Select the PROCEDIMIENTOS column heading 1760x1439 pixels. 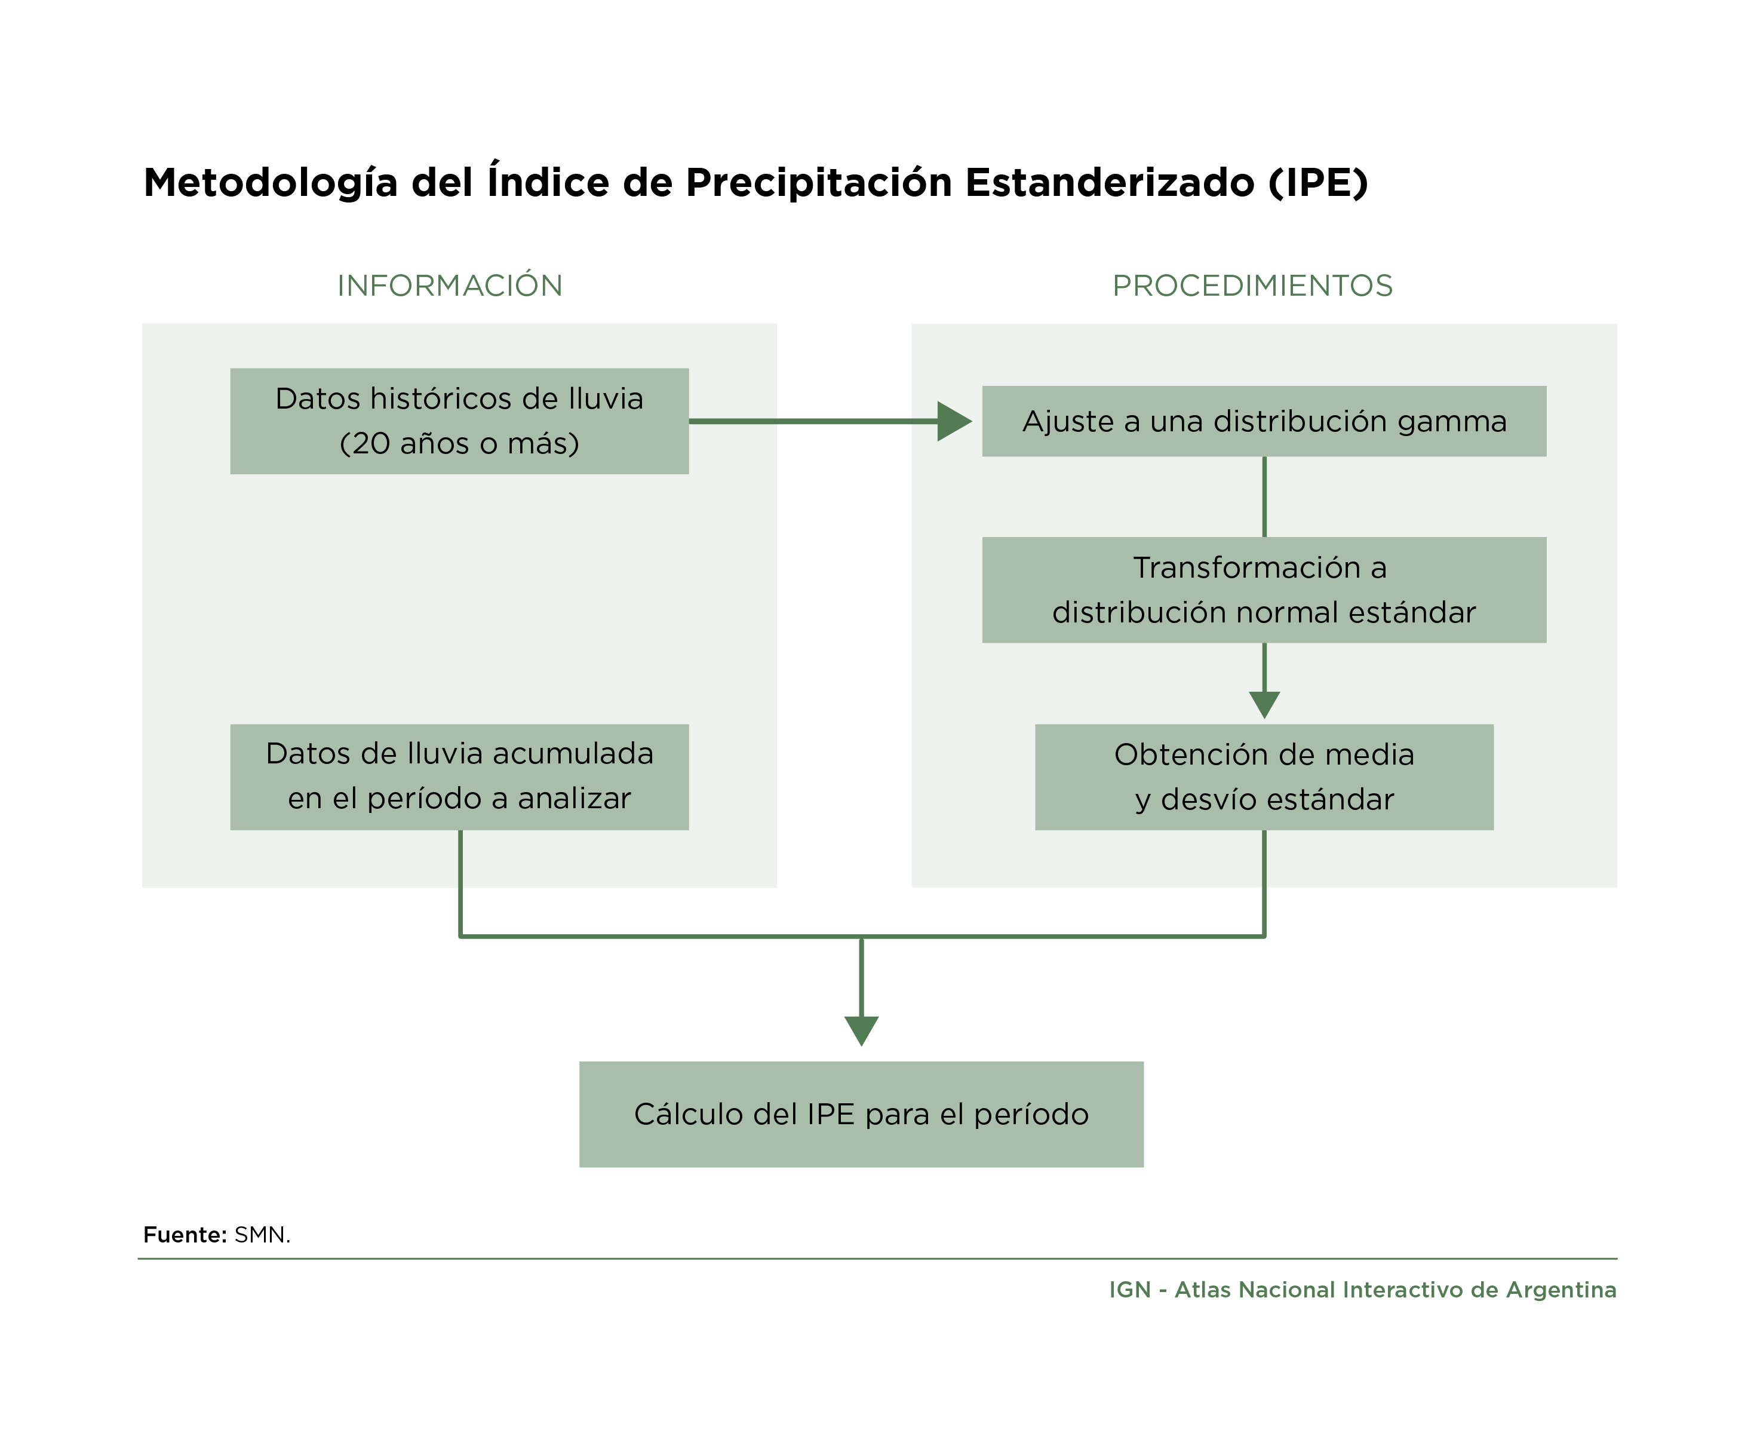point(1252,285)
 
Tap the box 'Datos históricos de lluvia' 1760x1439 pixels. point(459,421)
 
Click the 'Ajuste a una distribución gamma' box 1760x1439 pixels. point(1264,421)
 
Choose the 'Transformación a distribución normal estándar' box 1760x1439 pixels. point(1264,590)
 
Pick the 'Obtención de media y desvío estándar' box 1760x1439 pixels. point(1264,778)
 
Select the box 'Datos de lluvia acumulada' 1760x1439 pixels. point(459,778)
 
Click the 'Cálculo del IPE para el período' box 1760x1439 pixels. point(862,1115)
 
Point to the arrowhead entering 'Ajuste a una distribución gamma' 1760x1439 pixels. point(954,421)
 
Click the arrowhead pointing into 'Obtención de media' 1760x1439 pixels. point(1264,705)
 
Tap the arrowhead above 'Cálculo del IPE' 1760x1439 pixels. point(862,1031)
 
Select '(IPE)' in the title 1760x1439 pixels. point(1317,183)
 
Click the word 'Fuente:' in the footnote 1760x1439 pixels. point(185,1235)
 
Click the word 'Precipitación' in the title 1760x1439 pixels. point(819,183)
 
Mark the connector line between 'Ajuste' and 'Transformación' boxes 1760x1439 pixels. point(1264,496)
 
